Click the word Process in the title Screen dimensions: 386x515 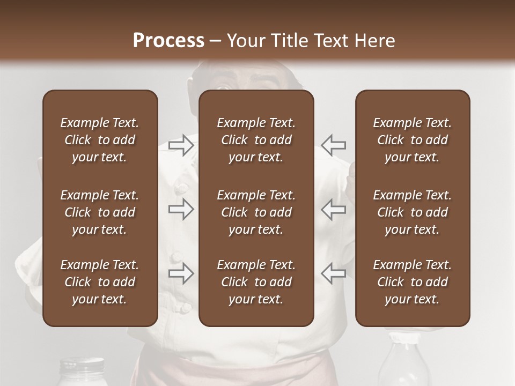coord(168,41)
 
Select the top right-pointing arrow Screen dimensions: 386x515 coord(181,145)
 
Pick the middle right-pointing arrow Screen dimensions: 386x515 coord(181,209)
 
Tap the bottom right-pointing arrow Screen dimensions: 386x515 coord(181,273)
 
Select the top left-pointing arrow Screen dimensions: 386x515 coord(333,145)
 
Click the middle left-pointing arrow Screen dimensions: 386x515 coord(333,209)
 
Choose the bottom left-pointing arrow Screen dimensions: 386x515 coord(333,273)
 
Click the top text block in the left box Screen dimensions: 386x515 coord(100,140)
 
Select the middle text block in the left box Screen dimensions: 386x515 coord(100,212)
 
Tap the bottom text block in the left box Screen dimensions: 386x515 coord(100,282)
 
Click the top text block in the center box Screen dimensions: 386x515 coord(256,140)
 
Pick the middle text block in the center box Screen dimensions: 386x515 coord(256,212)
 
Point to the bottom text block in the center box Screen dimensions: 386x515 coord(256,282)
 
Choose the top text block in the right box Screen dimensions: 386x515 coord(413,140)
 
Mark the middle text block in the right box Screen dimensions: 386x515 coord(413,212)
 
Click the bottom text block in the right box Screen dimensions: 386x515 coord(413,282)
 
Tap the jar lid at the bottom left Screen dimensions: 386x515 coord(81,366)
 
